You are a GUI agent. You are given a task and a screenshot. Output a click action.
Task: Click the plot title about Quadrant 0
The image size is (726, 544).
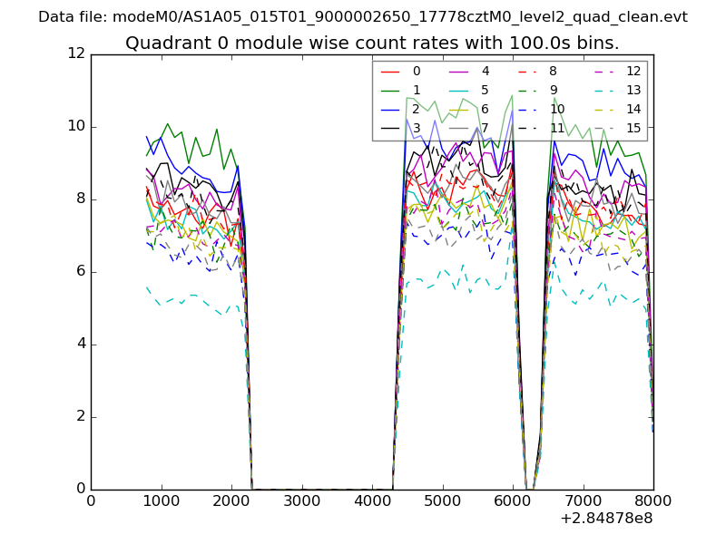(x=372, y=43)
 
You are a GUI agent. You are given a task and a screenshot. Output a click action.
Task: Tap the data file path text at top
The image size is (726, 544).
(x=363, y=17)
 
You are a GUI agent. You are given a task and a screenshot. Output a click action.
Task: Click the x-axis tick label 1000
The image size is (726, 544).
(x=161, y=500)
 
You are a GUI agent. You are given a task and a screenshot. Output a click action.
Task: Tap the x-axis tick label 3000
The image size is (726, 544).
(x=301, y=500)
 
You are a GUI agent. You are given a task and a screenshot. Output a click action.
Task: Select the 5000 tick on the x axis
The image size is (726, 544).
(x=442, y=500)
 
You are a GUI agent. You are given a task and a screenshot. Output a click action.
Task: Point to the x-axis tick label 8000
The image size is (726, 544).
(x=653, y=500)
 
